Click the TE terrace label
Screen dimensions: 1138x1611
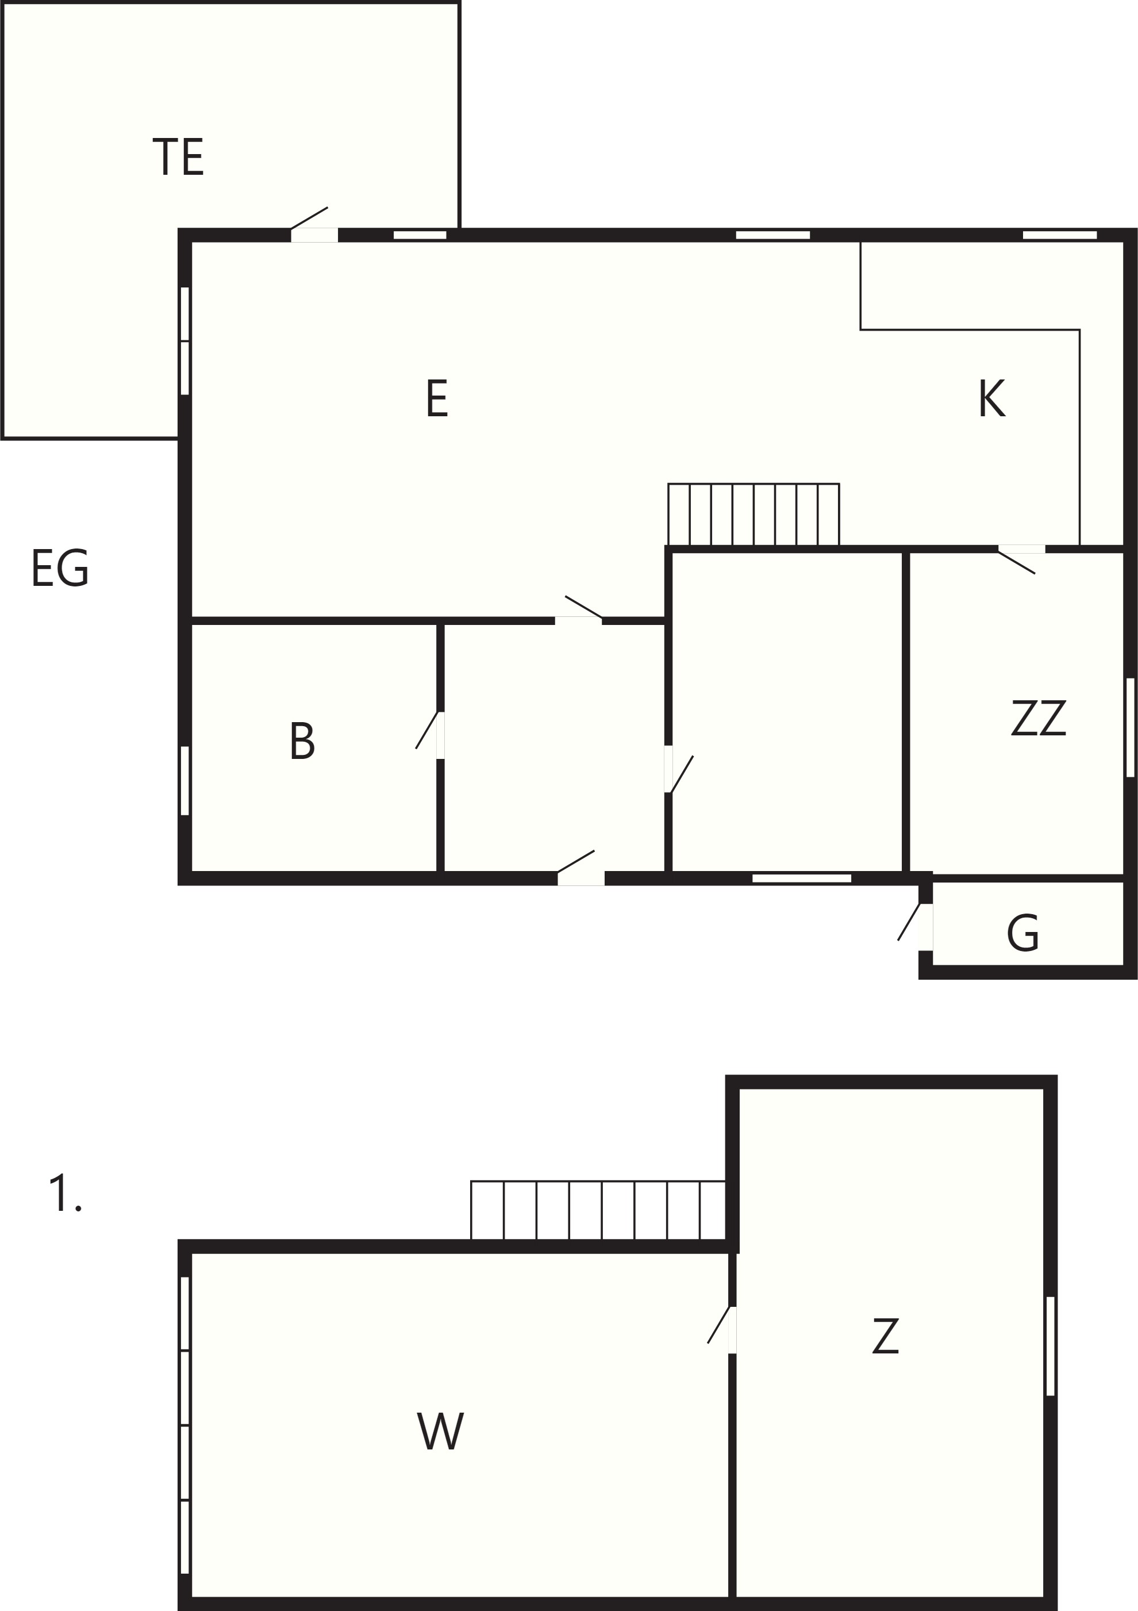tap(178, 156)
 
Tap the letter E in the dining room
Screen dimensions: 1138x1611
tap(436, 398)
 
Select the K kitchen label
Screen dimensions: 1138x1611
tap(991, 398)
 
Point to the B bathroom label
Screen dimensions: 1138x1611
tap(302, 741)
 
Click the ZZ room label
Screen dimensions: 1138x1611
tap(1039, 717)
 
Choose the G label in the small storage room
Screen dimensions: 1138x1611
tap(1022, 933)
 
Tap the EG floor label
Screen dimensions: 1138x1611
tap(60, 567)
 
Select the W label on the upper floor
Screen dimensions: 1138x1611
tap(440, 1430)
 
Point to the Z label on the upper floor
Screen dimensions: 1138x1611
tap(886, 1336)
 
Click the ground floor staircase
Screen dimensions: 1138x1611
tap(753, 515)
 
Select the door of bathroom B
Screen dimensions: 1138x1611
tap(430, 735)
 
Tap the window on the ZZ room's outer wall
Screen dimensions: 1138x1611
tap(1129, 727)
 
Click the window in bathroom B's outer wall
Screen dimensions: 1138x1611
tap(184, 780)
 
